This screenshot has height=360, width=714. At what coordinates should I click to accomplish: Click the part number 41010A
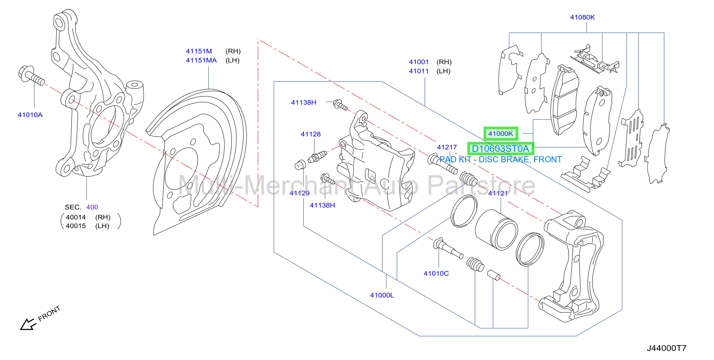[x=30, y=115]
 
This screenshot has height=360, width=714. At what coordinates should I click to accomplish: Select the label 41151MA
[x=201, y=60]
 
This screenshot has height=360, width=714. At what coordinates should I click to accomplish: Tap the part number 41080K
[x=582, y=17]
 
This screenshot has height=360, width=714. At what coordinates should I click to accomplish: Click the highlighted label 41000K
[x=501, y=134]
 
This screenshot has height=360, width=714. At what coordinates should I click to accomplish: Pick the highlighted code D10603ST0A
[x=501, y=149]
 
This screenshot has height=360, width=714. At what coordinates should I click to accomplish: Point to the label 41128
[x=311, y=134]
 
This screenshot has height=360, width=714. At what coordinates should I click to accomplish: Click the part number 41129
[x=300, y=193]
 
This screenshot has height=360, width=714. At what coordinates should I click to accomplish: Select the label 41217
[x=447, y=147]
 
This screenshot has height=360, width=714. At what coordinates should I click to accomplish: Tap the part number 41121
[x=498, y=193]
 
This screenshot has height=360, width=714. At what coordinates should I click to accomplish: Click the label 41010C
[x=436, y=273]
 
